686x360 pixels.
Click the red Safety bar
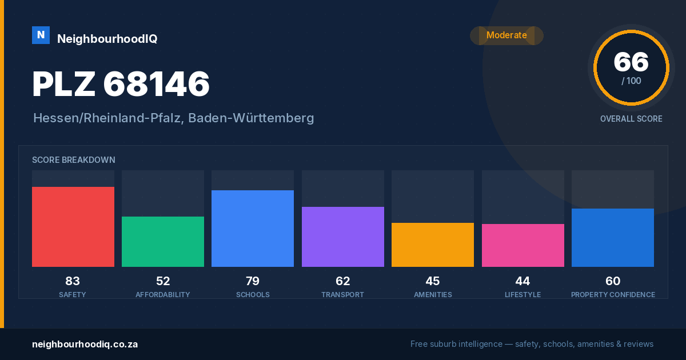click(x=73, y=227)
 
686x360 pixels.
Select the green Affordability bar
click(x=163, y=242)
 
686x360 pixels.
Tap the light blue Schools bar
click(x=253, y=229)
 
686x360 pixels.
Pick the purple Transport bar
click(x=342, y=237)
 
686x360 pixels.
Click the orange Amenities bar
click(x=433, y=245)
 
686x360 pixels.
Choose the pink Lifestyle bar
click(x=523, y=245)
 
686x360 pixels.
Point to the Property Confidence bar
click(x=613, y=238)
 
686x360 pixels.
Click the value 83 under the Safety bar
click(x=73, y=281)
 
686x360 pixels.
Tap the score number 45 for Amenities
click(x=433, y=281)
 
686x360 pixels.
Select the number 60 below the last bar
click(x=613, y=281)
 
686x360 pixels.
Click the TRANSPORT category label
click(x=342, y=294)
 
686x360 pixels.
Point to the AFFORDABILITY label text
click(x=163, y=294)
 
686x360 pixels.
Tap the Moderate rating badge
click(x=507, y=35)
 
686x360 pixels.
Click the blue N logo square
click(x=41, y=35)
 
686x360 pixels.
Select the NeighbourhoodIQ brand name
click(x=107, y=39)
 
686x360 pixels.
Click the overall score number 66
click(x=631, y=62)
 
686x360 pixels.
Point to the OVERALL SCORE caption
click(x=631, y=119)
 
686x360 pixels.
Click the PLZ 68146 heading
click(x=121, y=84)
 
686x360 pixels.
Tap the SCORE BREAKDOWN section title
click(x=74, y=160)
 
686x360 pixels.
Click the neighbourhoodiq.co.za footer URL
click(x=85, y=344)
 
